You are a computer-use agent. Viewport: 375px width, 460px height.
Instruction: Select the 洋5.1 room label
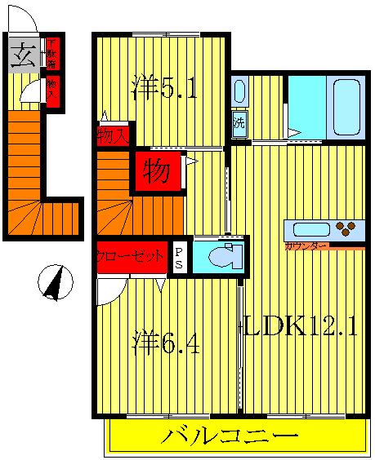pyautogui.click(x=164, y=88)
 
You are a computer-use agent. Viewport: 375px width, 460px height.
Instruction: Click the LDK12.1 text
pyautogui.click(x=298, y=328)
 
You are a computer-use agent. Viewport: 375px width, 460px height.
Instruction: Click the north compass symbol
pyautogui.click(x=55, y=283)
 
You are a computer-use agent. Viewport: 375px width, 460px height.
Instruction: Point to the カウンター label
pyautogui.click(x=306, y=245)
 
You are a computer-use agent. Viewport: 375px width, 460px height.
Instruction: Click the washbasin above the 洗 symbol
pyautogui.click(x=239, y=91)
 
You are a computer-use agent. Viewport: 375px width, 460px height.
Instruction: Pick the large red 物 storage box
pyautogui.click(x=158, y=171)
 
